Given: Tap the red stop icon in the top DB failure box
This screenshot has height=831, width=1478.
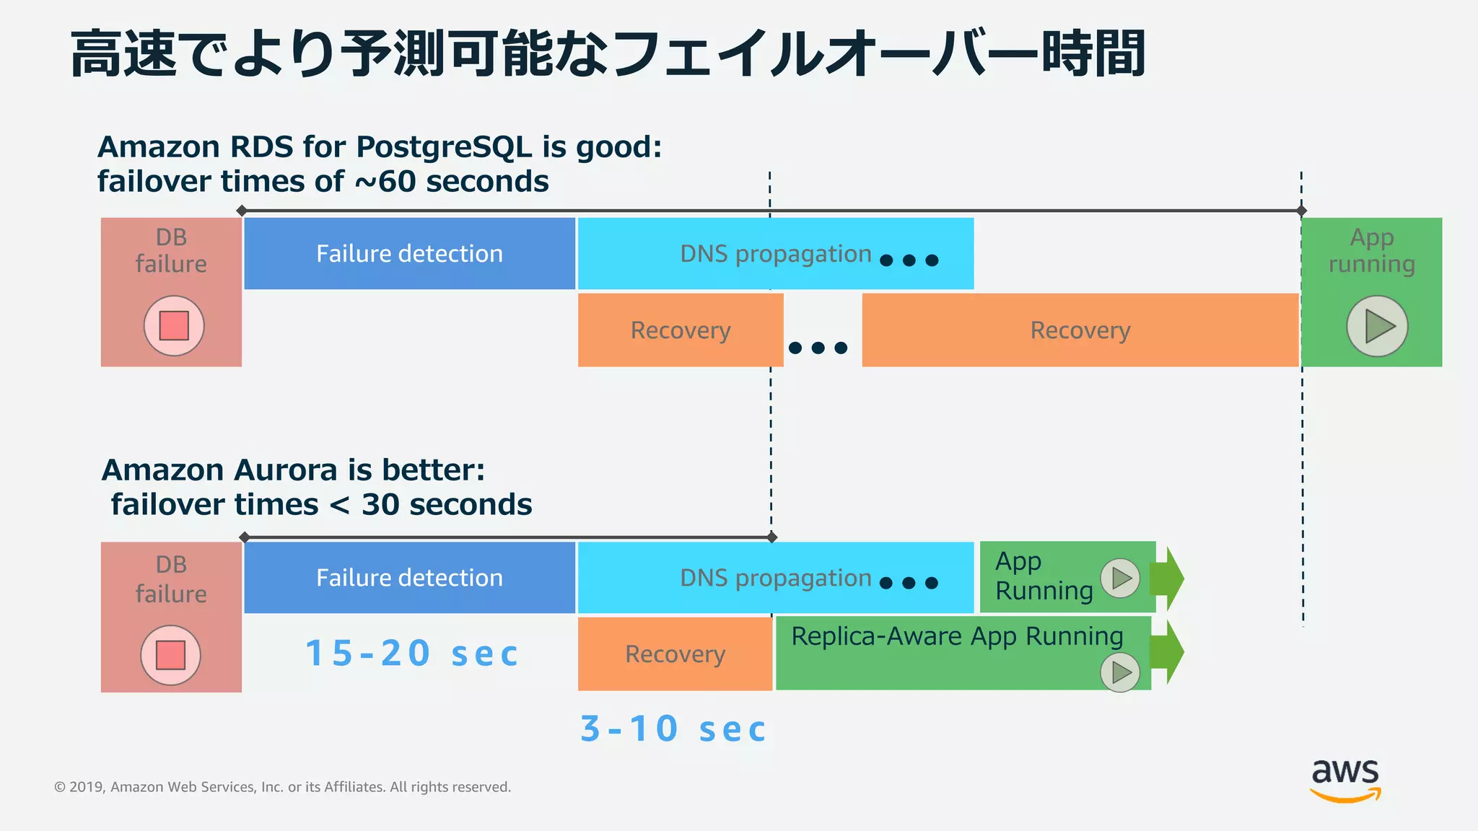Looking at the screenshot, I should tap(174, 326).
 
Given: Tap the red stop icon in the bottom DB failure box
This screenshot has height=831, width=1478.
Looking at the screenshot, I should tap(170, 655).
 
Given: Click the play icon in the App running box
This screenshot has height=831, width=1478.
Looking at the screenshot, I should tap(1377, 326).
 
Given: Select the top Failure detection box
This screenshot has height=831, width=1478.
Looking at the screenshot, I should tap(409, 254).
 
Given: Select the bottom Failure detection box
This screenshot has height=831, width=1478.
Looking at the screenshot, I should tap(409, 578).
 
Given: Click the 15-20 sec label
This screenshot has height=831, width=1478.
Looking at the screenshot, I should tap(411, 654).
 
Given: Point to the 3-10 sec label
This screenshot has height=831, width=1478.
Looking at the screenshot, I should tap(673, 729).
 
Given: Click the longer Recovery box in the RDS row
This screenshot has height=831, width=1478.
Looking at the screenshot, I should tap(1080, 330).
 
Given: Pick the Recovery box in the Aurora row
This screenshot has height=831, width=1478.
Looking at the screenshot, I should tap(675, 654).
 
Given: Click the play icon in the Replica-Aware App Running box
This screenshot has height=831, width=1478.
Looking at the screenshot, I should tap(1120, 672).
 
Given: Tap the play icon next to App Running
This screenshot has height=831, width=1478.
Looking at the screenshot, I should tap(1120, 578).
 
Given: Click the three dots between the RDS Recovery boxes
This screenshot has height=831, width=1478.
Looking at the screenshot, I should tap(818, 348).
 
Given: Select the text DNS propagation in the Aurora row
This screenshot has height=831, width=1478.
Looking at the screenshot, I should tap(776, 578).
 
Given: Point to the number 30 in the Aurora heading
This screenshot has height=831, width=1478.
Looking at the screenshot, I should tap(380, 505).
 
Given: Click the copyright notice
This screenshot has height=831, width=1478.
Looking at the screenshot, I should tap(282, 787).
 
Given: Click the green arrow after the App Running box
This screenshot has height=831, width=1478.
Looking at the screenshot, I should tap(1169, 578).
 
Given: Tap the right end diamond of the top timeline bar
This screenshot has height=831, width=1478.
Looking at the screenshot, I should tap(1301, 211).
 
